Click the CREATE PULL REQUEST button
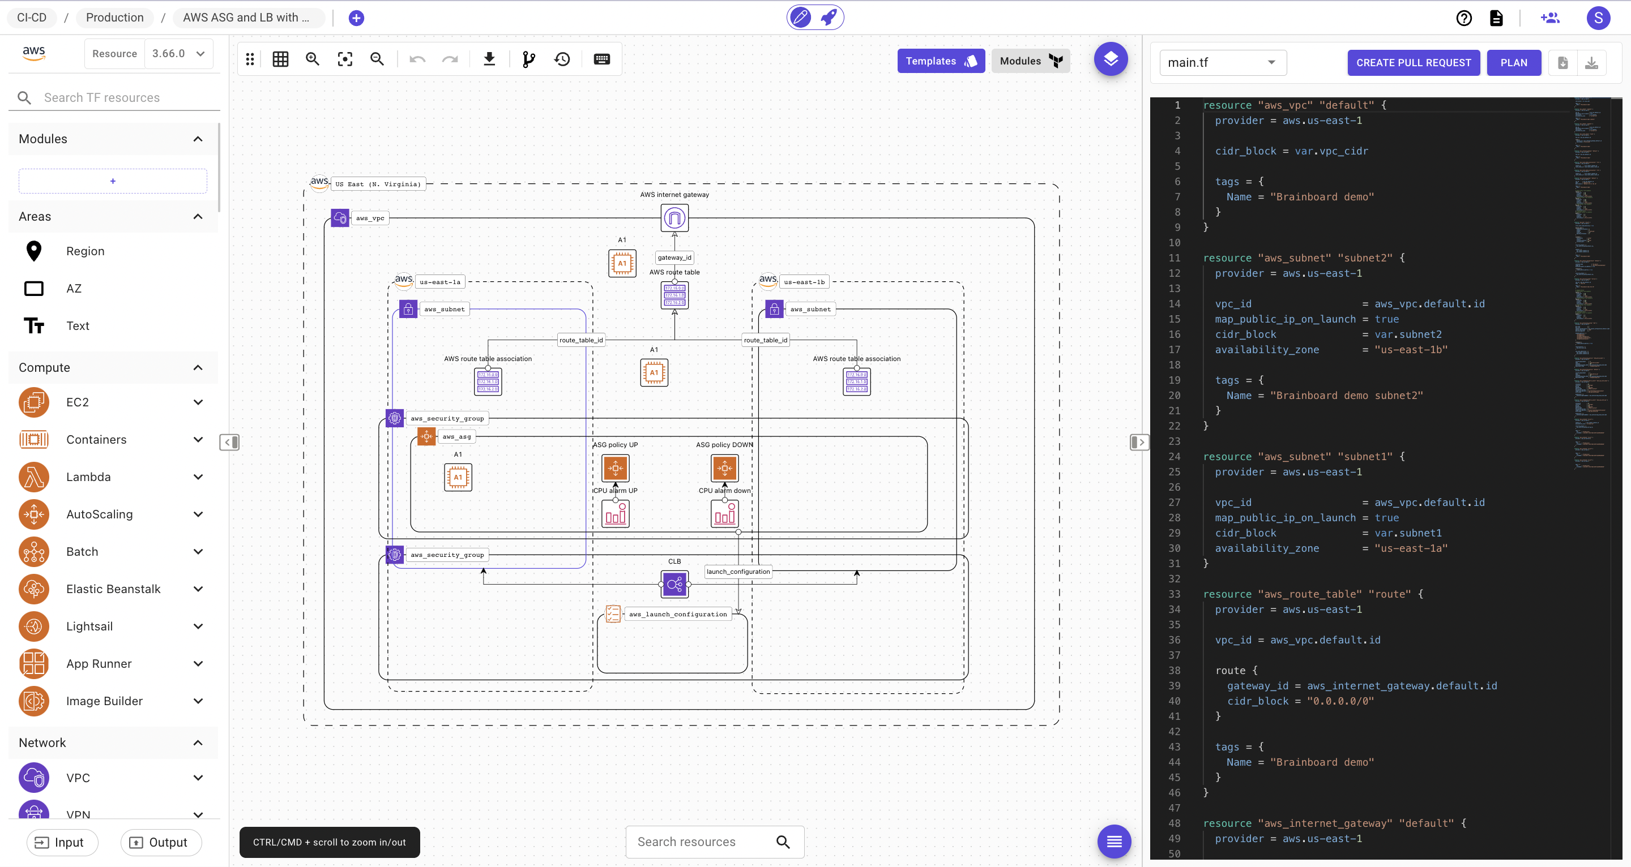coord(1412,63)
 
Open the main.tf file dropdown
coord(1222,63)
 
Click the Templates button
coord(940,61)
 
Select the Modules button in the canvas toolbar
coord(1030,61)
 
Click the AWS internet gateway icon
coord(674,218)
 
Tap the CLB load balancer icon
coord(674,584)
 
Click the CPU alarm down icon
coord(724,513)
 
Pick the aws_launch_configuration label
coord(677,614)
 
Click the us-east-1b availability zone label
coord(804,282)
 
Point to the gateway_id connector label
coord(674,257)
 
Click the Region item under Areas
coord(85,251)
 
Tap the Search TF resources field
coord(120,97)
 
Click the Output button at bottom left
coord(161,842)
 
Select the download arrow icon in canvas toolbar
coord(489,59)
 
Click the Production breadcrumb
coord(114,18)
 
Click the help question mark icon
coord(1463,18)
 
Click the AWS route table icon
coord(674,295)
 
